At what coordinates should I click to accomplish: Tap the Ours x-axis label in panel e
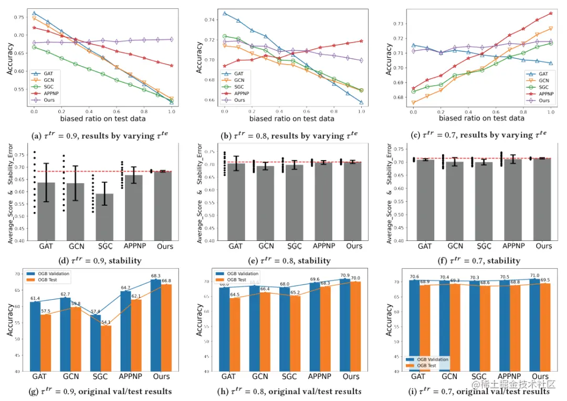354,246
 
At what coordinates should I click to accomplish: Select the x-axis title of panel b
291,119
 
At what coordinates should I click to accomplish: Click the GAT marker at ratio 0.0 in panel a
34,13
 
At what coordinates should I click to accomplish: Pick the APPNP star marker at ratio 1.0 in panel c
550,13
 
